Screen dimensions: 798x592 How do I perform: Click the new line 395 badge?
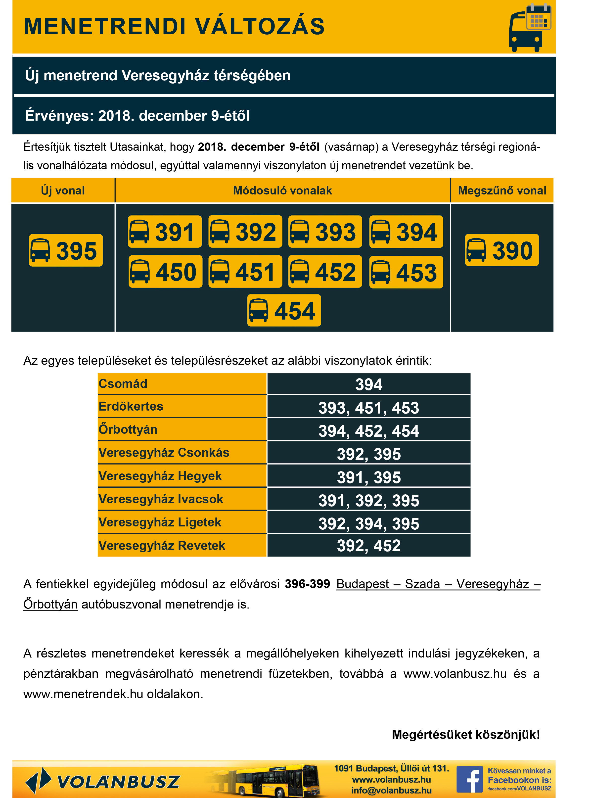(x=66, y=250)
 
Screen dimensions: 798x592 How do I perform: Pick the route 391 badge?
(x=165, y=232)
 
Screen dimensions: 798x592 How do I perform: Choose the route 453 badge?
(x=406, y=272)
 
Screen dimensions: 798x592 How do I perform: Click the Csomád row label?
(x=123, y=384)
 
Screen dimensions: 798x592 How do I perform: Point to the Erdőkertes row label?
(x=131, y=406)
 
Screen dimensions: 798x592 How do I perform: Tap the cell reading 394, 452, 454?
(x=368, y=430)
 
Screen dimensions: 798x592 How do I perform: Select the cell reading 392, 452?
(x=368, y=545)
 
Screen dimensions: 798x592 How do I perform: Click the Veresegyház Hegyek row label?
(x=160, y=476)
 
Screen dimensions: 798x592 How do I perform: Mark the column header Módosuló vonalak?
(x=282, y=191)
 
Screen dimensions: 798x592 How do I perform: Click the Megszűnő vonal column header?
(x=502, y=191)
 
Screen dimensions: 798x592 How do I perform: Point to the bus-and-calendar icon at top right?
(x=530, y=28)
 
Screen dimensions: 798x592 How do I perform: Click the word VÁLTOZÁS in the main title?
(x=260, y=27)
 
